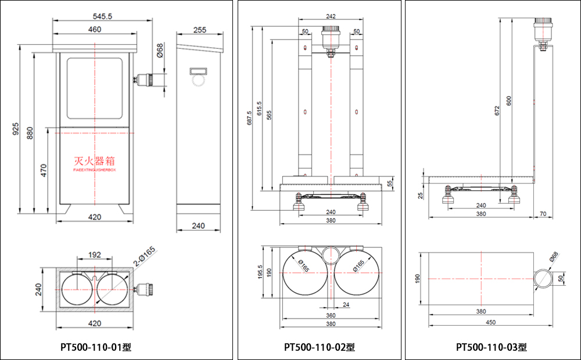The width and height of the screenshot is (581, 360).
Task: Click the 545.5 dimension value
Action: [94, 16]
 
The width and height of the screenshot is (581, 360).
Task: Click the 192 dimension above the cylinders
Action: [95, 255]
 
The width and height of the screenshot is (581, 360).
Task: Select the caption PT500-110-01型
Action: [96, 347]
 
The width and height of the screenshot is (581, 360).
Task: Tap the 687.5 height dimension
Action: [249, 118]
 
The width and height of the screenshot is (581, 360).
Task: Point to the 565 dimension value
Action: [270, 115]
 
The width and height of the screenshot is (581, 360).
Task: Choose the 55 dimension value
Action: [390, 183]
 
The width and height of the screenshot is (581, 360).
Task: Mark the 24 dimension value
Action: [346, 304]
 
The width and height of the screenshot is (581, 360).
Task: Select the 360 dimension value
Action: [330, 315]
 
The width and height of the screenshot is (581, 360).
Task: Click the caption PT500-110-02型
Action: [319, 347]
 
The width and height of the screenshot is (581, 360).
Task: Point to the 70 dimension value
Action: [543, 214]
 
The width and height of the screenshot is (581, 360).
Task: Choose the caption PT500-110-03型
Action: [491, 347]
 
